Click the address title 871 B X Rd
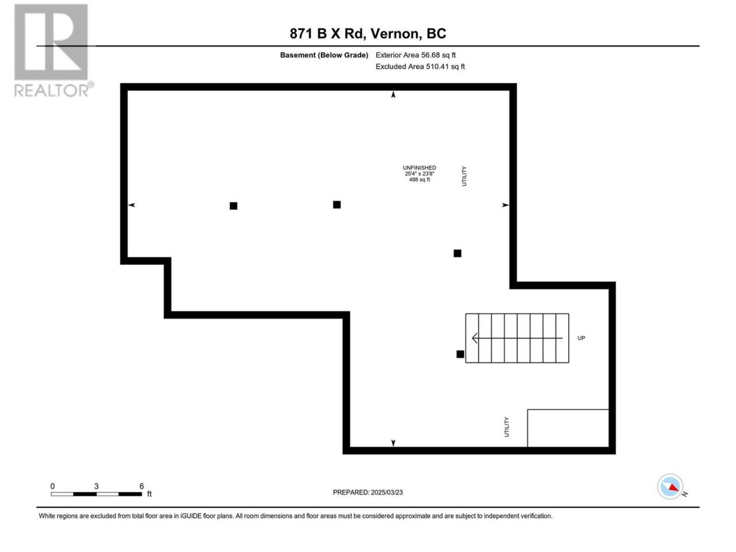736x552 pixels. pos(327,33)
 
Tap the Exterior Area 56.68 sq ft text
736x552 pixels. pos(416,55)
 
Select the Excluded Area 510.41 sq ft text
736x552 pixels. pos(420,66)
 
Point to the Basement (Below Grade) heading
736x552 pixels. pos(324,55)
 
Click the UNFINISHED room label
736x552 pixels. pos(419,167)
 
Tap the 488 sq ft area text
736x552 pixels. pos(419,179)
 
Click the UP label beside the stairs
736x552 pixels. pos(581,338)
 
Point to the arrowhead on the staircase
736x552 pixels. pos(475,338)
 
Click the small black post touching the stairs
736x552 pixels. pos(460,354)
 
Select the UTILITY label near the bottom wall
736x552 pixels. pos(507,427)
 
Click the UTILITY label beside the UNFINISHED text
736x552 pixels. pos(464,176)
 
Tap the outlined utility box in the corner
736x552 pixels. pos(568,428)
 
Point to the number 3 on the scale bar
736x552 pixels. pos(96,486)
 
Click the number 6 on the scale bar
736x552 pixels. pos(141,486)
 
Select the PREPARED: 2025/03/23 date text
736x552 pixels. pos(368,492)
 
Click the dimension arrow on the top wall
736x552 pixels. pos(393,95)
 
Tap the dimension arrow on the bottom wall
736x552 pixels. pos(393,443)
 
